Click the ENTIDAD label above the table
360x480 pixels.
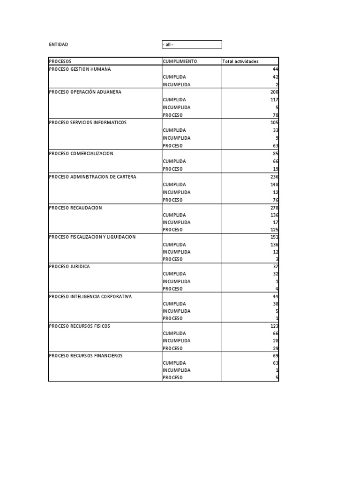pyautogui.click(x=59, y=45)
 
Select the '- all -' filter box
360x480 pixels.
pyautogui.click(x=192, y=45)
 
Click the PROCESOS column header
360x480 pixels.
pyautogui.click(x=60, y=61)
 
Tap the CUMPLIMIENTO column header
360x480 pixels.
pyautogui.click(x=180, y=61)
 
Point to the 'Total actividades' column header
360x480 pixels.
pyautogui.click(x=240, y=61)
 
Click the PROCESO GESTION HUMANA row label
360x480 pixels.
pyautogui.click(x=80, y=69)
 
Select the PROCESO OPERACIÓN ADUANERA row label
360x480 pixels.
pyautogui.click(x=85, y=92)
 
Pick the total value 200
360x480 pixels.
pyautogui.click(x=274, y=92)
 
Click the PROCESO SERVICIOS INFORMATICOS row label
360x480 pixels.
pyautogui.click(x=88, y=122)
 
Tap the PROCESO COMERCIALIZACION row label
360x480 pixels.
pyautogui.click(x=81, y=153)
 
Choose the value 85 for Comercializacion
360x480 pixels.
pyautogui.click(x=275, y=153)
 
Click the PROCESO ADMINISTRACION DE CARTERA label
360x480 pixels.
pyautogui.click(x=93, y=177)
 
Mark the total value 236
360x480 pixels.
pyautogui.click(x=274, y=177)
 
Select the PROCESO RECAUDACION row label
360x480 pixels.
pyautogui.click(x=75, y=208)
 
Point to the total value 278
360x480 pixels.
pyautogui.click(x=274, y=208)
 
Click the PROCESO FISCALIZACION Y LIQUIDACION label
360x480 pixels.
pyautogui.click(x=92, y=237)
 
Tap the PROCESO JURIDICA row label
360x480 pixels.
pyautogui.click(x=69, y=266)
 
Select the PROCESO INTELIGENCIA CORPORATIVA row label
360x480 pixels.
pyautogui.click(x=90, y=296)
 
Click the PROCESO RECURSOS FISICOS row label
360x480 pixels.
pyautogui.click(x=80, y=326)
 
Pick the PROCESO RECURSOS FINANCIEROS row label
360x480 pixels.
pyautogui.click(x=86, y=356)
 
